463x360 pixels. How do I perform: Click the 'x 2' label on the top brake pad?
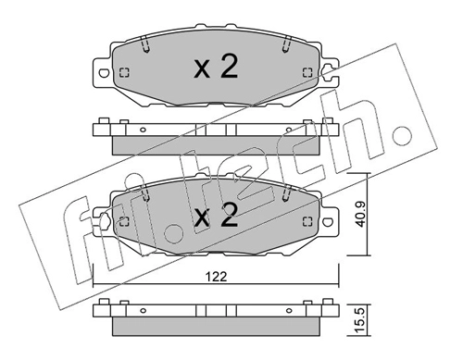[x=218, y=68]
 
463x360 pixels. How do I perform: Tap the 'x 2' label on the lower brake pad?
[x=218, y=217]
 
